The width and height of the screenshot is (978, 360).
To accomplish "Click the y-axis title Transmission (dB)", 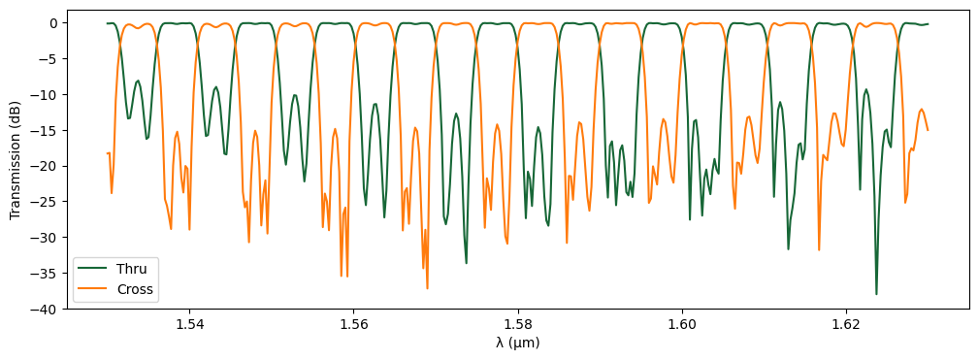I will click(16, 165).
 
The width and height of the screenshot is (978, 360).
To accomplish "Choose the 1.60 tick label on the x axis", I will click(682, 324).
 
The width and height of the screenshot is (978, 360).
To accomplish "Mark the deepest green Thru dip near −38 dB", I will click(876, 294).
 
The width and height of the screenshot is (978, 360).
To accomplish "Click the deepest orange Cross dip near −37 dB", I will click(427, 288).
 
